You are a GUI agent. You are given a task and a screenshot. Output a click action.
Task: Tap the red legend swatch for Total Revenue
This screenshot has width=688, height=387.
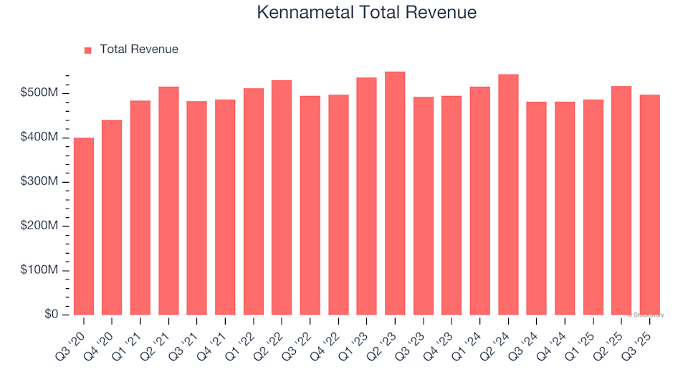[x=88, y=50]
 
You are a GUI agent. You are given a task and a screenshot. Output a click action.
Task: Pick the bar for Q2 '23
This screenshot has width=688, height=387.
[x=395, y=193]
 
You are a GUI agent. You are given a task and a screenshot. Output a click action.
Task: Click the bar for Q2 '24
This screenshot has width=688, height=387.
[x=508, y=195]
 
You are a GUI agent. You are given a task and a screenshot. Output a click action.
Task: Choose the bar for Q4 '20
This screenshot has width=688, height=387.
[x=112, y=218]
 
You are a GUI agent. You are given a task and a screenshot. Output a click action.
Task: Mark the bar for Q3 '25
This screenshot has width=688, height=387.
[x=650, y=205]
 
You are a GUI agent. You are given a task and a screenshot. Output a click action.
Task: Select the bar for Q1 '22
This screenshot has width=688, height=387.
[x=254, y=201]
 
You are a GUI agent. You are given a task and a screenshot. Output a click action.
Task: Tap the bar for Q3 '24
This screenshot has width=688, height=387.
[x=537, y=209]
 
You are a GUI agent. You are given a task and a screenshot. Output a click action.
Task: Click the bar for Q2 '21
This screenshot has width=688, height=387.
[x=168, y=201]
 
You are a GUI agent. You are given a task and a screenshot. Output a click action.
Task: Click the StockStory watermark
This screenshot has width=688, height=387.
[x=646, y=315]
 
